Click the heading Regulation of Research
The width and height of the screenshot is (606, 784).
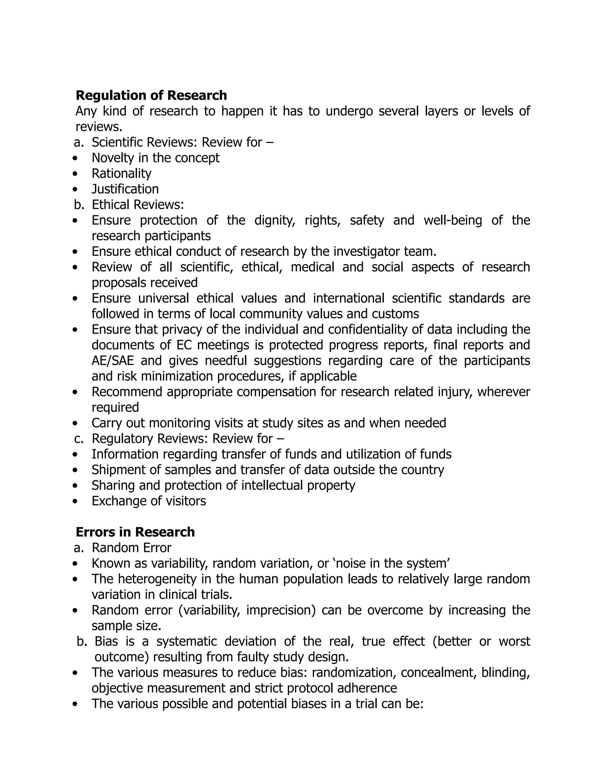[x=151, y=96]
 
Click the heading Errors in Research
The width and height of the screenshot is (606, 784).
[x=135, y=532]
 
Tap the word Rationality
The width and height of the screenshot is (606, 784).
[x=121, y=174]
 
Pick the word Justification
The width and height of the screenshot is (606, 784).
[x=125, y=189]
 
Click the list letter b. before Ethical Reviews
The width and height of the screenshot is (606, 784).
[x=79, y=205]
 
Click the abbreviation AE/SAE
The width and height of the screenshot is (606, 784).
[x=112, y=360]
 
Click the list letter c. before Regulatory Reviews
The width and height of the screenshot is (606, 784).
[x=79, y=439]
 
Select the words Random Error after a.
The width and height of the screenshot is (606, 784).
[x=131, y=548]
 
